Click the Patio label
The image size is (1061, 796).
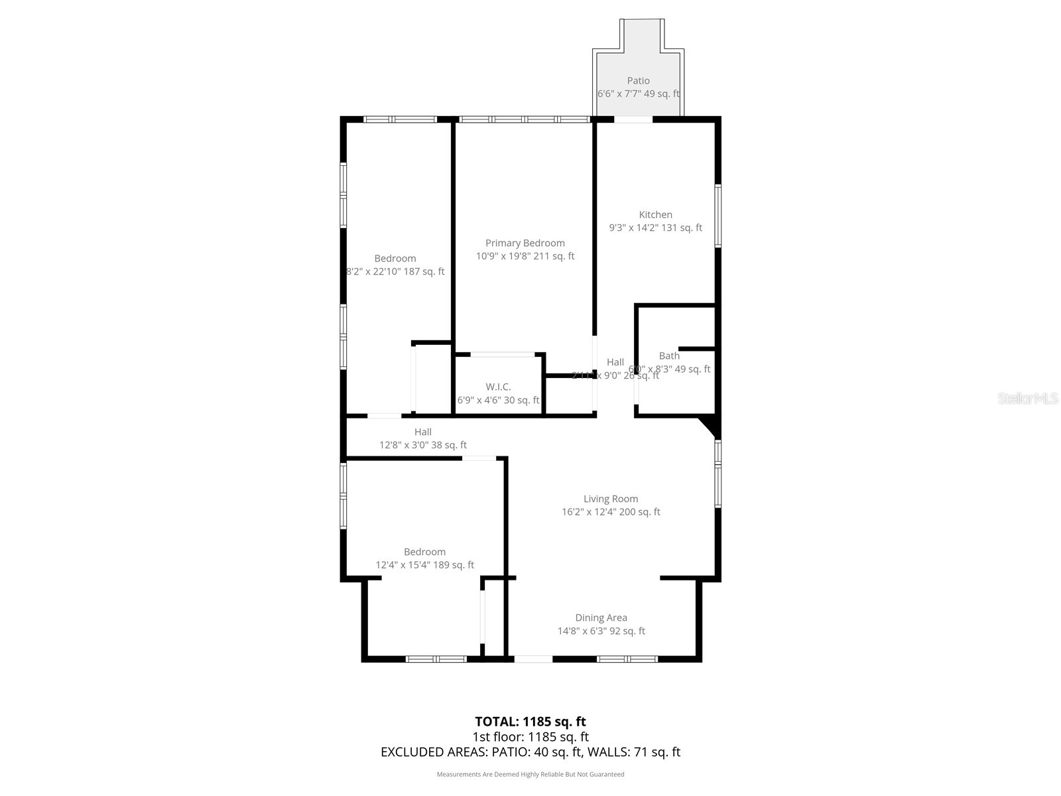coord(638,81)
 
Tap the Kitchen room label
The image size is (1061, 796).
coord(655,215)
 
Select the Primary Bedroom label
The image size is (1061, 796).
coord(525,243)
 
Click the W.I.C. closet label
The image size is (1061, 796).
coord(498,387)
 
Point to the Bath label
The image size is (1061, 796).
coord(669,356)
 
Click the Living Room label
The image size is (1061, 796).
coord(610,499)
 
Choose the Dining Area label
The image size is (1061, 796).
coord(601,618)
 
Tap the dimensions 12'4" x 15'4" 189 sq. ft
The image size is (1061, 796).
coord(424,565)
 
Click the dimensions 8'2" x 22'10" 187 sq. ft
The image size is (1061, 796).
coord(395,271)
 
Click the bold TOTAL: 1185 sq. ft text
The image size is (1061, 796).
coord(530,721)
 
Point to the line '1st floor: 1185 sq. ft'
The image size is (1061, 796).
coord(530,736)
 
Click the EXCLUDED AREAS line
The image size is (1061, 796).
coord(530,752)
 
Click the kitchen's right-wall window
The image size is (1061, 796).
coord(718,216)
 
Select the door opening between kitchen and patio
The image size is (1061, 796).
coord(633,119)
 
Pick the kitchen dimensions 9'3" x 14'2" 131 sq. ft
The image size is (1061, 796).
coord(655,228)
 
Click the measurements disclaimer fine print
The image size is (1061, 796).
coord(530,774)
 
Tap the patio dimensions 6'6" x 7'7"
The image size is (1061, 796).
coord(638,94)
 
